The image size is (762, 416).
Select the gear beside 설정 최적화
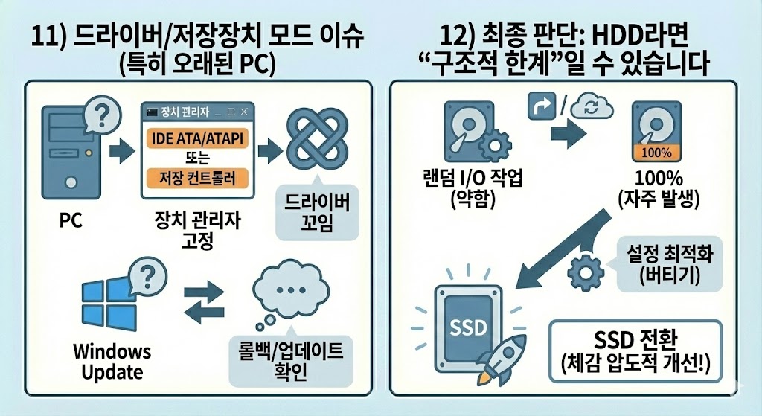coord(586,272)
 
